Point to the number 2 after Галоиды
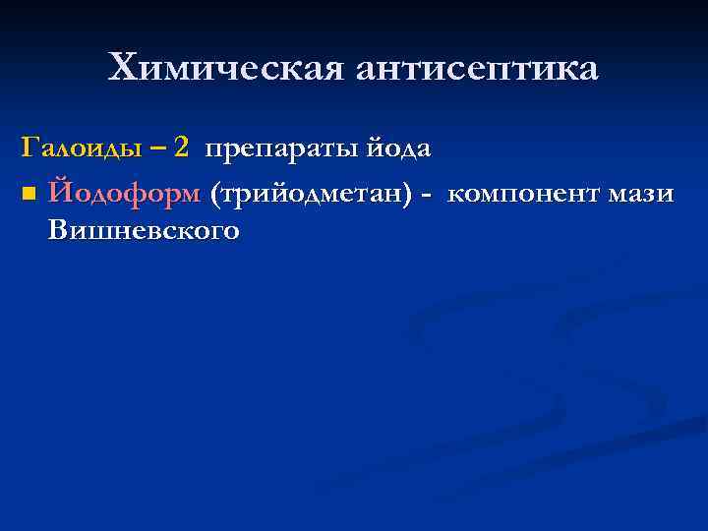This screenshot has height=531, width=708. pos(180,148)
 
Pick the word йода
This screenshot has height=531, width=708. pos(397,148)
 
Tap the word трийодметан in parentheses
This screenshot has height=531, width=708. pos(309,192)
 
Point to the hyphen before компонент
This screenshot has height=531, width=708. pos(425,194)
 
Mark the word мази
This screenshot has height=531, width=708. pos(640,192)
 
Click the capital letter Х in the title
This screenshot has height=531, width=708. pos(123,68)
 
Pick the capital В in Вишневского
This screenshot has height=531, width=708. pos(56,231)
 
